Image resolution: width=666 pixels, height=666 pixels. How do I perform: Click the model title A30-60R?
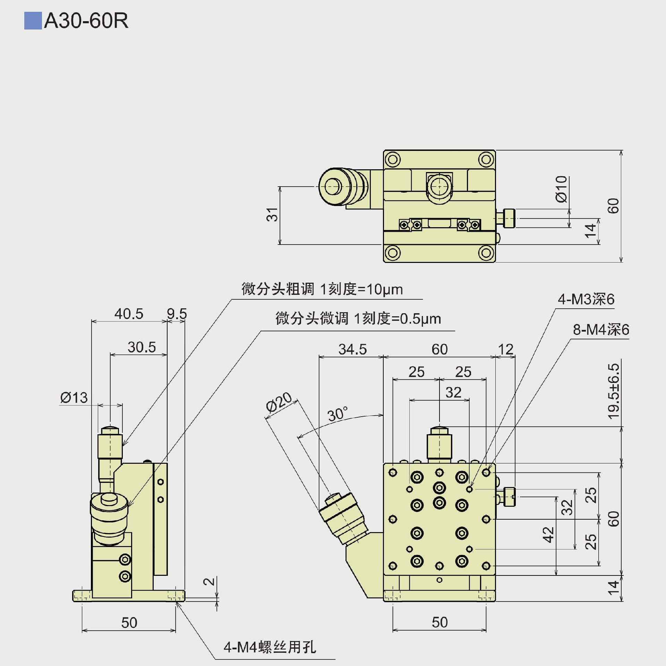86,21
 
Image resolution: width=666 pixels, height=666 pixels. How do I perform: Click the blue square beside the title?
33,21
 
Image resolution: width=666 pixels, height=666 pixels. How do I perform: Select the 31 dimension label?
272,214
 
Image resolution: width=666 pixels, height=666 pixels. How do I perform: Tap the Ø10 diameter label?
561,189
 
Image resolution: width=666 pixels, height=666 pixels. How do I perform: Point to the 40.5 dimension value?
129,314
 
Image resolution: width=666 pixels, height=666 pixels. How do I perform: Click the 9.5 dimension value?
177,314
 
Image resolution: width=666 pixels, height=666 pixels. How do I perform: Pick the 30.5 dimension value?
142,347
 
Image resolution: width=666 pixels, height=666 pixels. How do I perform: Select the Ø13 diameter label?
74,398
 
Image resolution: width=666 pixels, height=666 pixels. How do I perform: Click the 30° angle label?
337,414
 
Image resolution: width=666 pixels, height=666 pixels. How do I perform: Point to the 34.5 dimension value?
352,349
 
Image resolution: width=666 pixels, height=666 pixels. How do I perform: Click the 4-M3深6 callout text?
586,299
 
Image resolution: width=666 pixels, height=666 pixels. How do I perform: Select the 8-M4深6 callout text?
601,330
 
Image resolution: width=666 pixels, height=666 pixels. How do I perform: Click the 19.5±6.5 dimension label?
613,391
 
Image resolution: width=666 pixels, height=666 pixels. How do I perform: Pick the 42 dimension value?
548,535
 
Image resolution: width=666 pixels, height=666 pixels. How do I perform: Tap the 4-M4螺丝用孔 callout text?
270,647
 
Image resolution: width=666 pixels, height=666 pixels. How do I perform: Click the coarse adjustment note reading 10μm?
322,289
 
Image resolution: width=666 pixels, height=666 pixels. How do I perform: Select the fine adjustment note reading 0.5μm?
358,318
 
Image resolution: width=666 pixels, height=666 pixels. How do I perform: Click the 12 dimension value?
505,349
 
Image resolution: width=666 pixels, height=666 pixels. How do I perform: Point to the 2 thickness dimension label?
209,581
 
